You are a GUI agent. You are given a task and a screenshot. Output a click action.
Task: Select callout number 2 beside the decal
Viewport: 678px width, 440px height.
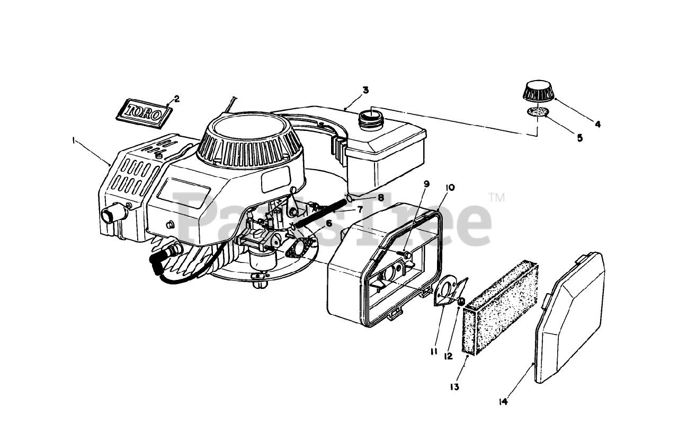click(176, 98)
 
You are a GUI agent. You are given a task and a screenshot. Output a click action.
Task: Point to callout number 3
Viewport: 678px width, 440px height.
click(365, 90)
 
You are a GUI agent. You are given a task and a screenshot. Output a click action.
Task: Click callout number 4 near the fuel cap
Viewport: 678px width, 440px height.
click(597, 125)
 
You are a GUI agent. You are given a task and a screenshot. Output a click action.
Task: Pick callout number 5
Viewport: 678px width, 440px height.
click(579, 138)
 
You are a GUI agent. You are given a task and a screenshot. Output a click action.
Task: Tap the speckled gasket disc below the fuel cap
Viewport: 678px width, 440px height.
click(538, 112)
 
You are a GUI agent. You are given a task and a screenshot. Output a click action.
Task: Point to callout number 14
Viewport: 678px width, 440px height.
click(503, 402)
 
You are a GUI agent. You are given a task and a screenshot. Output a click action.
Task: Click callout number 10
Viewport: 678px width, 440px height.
click(450, 187)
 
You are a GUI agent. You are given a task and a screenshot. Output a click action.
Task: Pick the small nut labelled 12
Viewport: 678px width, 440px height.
click(461, 302)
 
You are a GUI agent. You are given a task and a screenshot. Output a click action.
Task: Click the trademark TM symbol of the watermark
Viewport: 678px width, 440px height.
click(497, 198)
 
